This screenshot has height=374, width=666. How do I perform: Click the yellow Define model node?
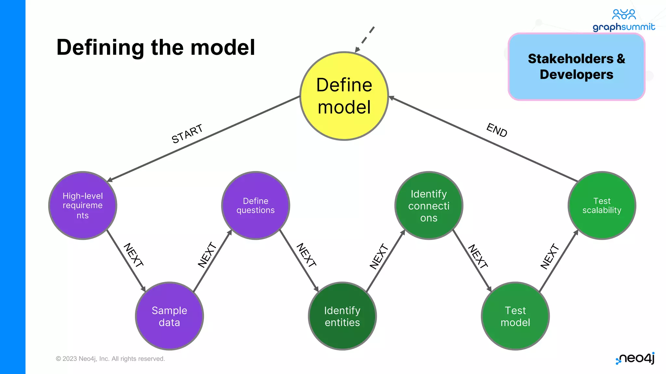point(344,96)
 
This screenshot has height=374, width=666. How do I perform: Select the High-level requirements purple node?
point(83,206)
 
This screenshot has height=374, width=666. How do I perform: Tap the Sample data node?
point(169,316)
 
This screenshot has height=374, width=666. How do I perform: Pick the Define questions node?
point(256,206)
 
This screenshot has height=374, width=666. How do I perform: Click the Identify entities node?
point(342,316)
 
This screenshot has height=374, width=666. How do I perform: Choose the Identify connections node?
point(429,206)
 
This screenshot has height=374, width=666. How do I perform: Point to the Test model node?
point(515,316)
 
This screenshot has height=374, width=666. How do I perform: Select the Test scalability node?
point(602,206)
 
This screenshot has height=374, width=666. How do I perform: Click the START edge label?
point(187,133)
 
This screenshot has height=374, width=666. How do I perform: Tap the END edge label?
point(497,130)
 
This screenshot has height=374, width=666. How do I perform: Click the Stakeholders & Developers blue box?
point(576,67)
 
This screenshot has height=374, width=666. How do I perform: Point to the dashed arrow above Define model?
point(366,39)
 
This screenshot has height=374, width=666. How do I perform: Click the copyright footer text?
point(110,359)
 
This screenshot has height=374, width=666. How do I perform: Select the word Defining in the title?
point(100,48)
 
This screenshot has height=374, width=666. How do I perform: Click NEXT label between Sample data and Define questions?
point(207,255)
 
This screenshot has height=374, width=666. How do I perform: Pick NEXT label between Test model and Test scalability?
point(550,256)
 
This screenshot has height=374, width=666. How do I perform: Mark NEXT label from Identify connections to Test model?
point(478,256)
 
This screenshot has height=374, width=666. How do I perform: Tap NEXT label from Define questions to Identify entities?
point(306,255)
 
